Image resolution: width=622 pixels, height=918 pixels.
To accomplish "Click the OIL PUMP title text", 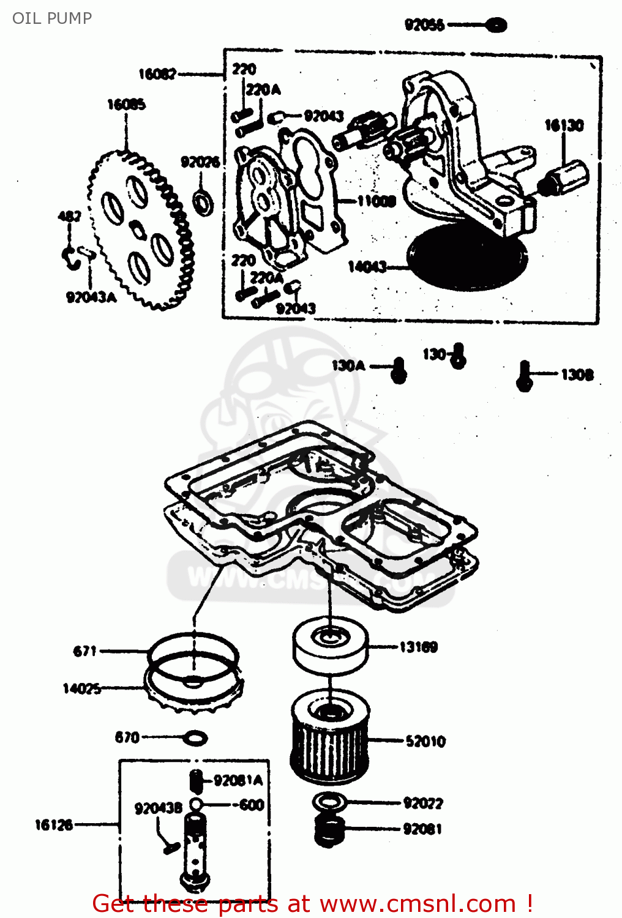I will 52,18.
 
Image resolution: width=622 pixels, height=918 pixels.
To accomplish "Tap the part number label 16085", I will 126,105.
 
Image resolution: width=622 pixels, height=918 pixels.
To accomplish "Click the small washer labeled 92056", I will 496,25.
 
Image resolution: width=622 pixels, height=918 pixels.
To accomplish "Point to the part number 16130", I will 564,125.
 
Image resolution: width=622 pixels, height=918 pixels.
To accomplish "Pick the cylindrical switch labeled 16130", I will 566,177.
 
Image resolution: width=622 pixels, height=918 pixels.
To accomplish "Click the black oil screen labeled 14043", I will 466,256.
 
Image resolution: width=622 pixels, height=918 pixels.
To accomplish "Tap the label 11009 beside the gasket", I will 377,201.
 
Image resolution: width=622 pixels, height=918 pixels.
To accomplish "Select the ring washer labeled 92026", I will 203,201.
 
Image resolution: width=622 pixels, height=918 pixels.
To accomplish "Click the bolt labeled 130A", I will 399,370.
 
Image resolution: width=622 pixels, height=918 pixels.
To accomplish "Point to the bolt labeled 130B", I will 524,375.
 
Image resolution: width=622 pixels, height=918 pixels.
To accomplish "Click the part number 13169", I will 418,647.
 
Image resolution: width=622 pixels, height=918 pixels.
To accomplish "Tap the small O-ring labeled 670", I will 195,738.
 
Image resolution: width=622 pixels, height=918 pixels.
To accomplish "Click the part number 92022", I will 422,803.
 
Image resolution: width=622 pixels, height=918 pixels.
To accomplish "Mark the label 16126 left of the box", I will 54,825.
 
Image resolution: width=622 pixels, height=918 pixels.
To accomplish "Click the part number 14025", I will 81,688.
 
